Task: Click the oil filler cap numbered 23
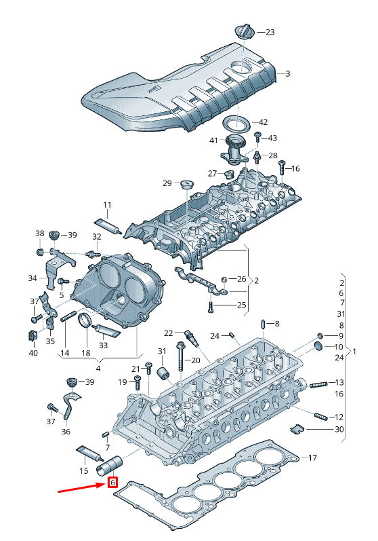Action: click(x=245, y=32)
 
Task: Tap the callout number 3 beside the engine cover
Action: click(x=288, y=73)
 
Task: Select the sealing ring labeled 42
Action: click(x=236, y=123)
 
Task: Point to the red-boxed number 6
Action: click(x=113, y=482)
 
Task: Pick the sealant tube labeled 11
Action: click(x=108, y=225)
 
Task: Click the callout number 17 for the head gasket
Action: click(x=312, y=458)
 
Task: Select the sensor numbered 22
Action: click(x=192, y=339)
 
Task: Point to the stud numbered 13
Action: click(x=318, y=384)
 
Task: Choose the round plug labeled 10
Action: click(x=319, y=346)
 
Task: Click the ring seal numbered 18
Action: click(x=85, y=321)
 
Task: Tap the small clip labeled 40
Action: click(x=32, y=336)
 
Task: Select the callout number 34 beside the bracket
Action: click(x=33, y=278)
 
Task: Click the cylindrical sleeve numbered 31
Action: click(x=163, y=373)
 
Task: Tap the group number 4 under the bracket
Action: click(x=98, y=369)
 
